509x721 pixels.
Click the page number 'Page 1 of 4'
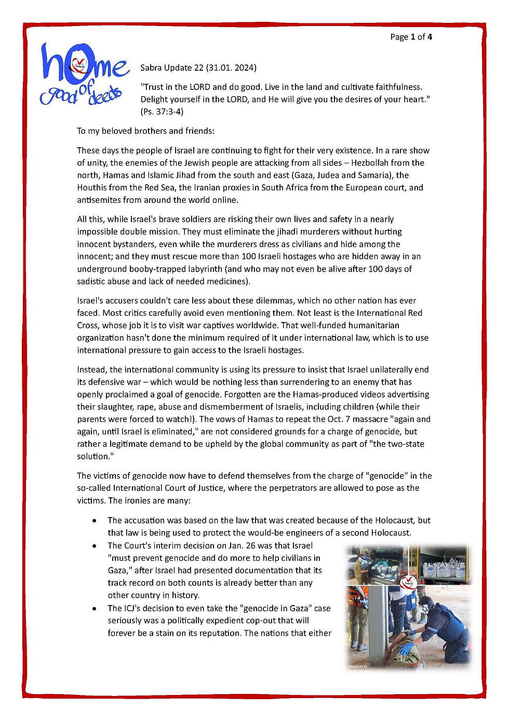point(411,37)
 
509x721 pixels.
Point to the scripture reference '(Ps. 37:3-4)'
point(162,111)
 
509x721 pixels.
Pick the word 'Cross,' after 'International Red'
point(88,325)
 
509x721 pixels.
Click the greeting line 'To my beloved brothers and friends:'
point(145,131)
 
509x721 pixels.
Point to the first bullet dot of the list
point(94,520)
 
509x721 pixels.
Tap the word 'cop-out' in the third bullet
point(294,621)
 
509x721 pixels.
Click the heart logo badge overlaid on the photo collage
point(409,582)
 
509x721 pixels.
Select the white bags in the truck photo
point(444,569)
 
